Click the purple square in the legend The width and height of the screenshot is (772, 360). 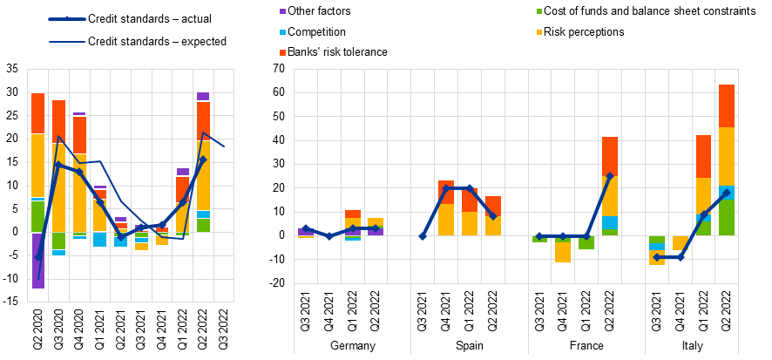(x=282, y=11)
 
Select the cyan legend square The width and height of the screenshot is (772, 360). (x=282, y=32)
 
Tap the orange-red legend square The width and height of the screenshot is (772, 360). (x=282, y=53)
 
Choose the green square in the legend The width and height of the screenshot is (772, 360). (x=539, y=11)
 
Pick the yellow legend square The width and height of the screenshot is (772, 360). (x=539, y=32)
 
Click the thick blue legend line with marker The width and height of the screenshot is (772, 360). (x=66, y=19)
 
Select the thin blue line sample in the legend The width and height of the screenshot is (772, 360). (x=66, y=42)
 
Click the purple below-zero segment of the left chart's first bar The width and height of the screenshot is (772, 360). (x=37, y=261)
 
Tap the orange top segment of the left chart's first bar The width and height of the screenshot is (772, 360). (x=37, y=113)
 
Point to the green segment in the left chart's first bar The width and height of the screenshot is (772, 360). (x=37, y=216)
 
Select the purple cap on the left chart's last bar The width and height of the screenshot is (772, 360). (x=203, y=97)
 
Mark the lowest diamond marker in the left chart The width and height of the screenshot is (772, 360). (x=37, y=257)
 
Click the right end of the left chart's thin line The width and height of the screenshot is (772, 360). (x=224, y=146)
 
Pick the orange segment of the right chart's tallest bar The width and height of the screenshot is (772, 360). (x=727, y=106)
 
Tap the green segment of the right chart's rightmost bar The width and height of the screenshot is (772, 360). (x=727, y=218)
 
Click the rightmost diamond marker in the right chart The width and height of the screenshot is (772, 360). (x=727, y=194)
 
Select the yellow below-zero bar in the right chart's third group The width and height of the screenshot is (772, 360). (x=563, y=252)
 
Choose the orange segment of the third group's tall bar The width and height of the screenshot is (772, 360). (x=610, y=156)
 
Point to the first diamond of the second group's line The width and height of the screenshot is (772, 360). (x=423, y=236)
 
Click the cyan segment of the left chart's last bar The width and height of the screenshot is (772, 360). (x=203, y=214)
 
